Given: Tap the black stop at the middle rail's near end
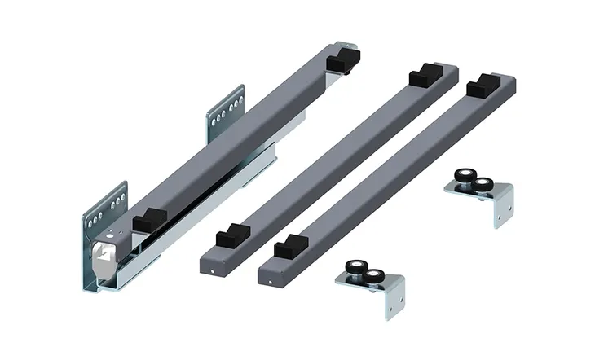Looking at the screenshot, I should pos(229,239).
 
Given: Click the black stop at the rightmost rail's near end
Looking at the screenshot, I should pos(287,248).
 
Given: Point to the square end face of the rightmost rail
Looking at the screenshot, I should pos(268,274).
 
